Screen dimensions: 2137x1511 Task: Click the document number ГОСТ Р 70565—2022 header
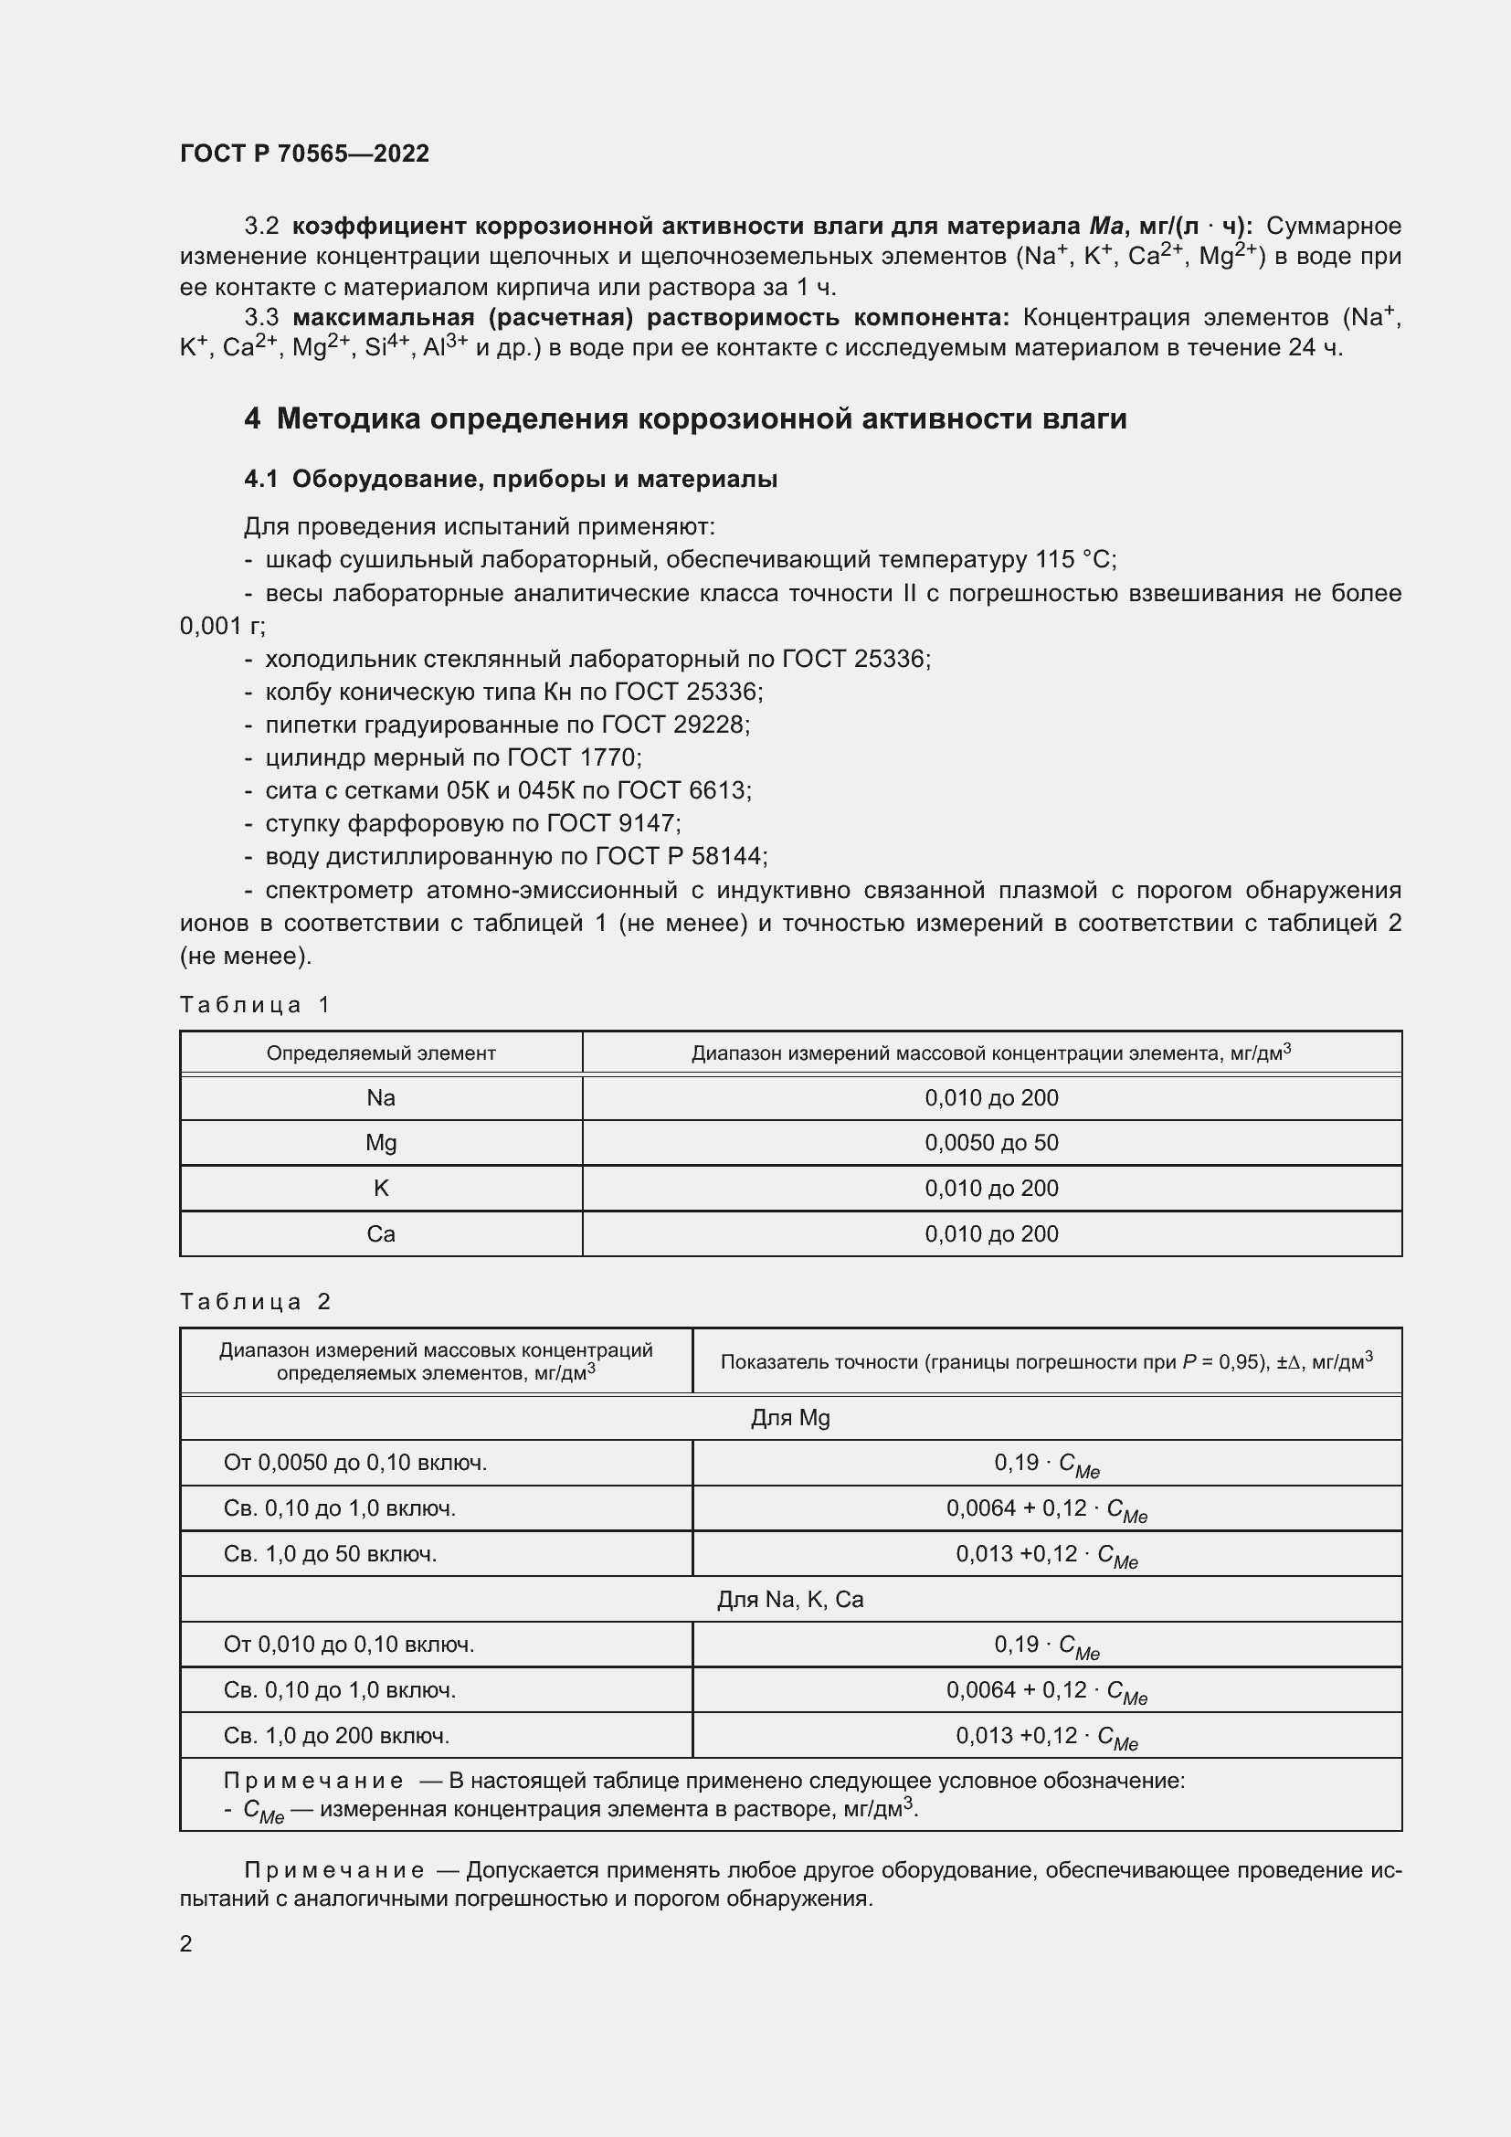click(304, 153)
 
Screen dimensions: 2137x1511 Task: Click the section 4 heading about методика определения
click(685, 418)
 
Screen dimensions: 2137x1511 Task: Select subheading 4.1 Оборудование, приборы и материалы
click(510, 480)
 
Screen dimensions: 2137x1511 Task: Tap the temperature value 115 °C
click(1074, 559)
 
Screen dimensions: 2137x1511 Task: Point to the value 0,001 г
click(221, 627)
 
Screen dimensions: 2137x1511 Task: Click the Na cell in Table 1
click(381, 1097)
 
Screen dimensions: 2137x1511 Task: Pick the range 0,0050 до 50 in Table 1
click(991, 1142)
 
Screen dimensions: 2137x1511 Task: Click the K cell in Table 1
click(381, 1188)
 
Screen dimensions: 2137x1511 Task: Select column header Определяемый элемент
click(381, 1053)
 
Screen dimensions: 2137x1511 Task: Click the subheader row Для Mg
click(790, 1418)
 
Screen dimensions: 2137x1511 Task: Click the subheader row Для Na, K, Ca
click(790, 1599)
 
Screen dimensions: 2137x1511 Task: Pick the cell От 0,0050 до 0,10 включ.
click(354, 1462)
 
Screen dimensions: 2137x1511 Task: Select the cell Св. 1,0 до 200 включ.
click(336, 1735)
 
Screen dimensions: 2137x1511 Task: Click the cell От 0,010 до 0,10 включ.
click(349, 1644)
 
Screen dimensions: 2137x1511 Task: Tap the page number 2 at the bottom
click(186, 1943)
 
